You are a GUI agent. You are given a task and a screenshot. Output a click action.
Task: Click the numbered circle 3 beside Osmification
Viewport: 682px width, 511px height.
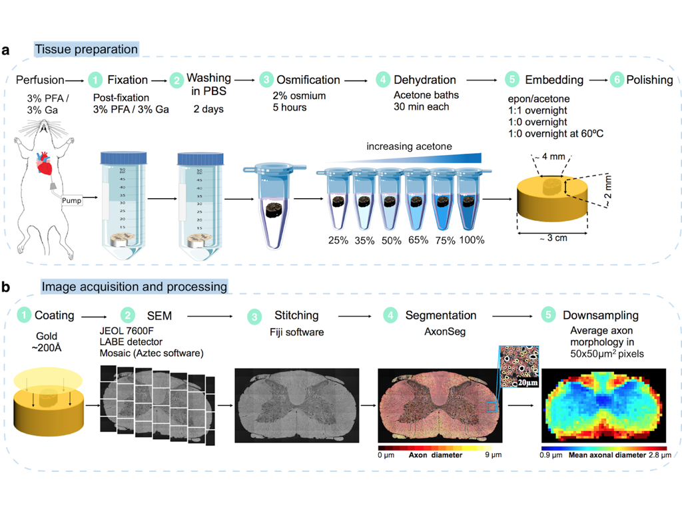[266, 80]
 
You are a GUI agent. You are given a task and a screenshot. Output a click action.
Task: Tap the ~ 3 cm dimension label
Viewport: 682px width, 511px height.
[553, 238]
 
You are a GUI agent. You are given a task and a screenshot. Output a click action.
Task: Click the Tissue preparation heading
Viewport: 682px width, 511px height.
[86, 49]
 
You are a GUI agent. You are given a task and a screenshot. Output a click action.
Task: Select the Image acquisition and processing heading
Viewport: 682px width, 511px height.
[134, 287]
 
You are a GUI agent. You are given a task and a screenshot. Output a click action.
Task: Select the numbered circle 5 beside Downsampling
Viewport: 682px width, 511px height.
[548, 315]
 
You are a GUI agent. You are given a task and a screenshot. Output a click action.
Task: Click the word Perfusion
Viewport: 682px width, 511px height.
[39, 80]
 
